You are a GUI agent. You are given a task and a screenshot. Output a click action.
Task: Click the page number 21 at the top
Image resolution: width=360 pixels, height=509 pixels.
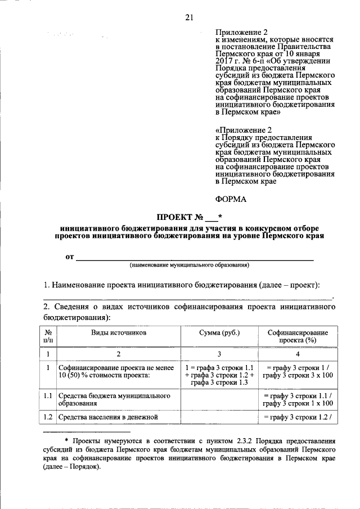pos(188,17)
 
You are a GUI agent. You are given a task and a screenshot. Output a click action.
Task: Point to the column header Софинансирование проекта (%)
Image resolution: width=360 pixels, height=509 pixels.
pos(297,336)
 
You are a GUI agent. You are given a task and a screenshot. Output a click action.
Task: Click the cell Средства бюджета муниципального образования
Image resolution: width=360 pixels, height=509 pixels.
pos(114,400)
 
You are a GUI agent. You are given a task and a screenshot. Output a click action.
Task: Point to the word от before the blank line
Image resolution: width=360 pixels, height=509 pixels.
pos(69,257)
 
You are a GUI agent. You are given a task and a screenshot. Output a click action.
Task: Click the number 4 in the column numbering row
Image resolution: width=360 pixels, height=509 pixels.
pos(297,354)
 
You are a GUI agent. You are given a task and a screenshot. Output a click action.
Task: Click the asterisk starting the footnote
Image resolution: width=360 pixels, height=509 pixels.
pos(66,441)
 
